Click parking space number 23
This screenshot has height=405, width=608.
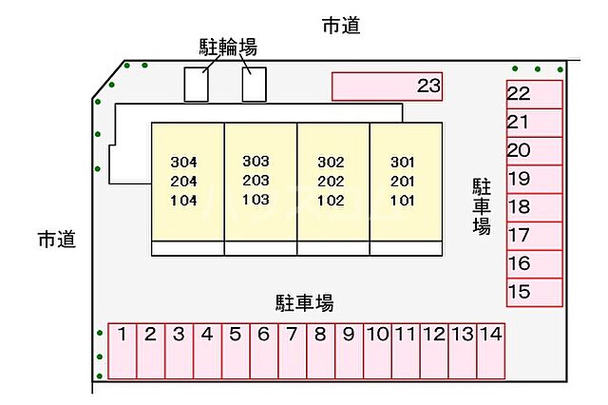388,87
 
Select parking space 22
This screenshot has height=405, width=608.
534,94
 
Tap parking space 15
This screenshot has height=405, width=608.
534,291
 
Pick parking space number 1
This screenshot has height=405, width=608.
123,350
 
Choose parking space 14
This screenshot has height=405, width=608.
489,350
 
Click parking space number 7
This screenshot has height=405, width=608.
292,350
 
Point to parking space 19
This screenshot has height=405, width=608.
534,179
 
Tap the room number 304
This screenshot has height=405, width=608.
184,161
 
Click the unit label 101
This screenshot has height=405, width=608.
403,201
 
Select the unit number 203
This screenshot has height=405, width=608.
256,180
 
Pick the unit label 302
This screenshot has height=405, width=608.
330,161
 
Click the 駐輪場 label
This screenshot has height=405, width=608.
228,47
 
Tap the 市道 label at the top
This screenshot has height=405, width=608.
341,27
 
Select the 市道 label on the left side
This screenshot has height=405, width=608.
56,240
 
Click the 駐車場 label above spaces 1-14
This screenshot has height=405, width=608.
304,303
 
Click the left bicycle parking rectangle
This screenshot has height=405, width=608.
196,84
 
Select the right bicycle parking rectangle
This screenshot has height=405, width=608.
254,84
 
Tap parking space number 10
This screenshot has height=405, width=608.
377,350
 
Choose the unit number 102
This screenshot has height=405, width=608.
330,201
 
